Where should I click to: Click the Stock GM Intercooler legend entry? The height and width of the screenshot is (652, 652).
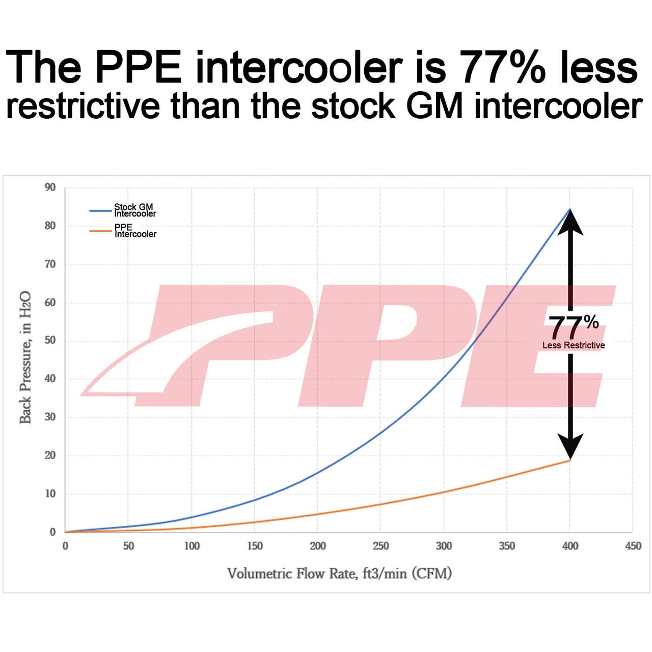point(133,210)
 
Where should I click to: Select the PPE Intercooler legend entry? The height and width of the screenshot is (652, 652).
point(134,231)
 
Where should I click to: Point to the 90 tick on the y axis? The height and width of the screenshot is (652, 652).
point(50,187)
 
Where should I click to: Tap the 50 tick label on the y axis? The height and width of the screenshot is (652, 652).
point(50,340)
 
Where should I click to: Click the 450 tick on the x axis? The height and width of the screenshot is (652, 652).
point(633,546)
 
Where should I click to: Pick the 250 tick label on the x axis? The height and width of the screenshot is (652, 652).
point(381,546)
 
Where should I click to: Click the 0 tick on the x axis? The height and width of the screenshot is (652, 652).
point(65,546)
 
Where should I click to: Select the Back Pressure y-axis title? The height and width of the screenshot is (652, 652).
point(25,358)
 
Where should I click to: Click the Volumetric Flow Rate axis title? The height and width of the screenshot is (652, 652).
point(339,574)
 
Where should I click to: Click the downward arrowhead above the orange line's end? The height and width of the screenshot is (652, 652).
point(570,447)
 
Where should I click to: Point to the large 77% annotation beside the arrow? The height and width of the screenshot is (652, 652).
point(573,327)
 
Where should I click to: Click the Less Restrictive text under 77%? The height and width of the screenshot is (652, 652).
point(574,345)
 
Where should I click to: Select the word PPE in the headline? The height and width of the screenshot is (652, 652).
point(138,67)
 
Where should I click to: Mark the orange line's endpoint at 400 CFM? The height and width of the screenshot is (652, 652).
point(569,460)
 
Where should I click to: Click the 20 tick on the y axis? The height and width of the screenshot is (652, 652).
point(50,455)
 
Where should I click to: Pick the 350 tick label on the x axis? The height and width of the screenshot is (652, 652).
point(507,546)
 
